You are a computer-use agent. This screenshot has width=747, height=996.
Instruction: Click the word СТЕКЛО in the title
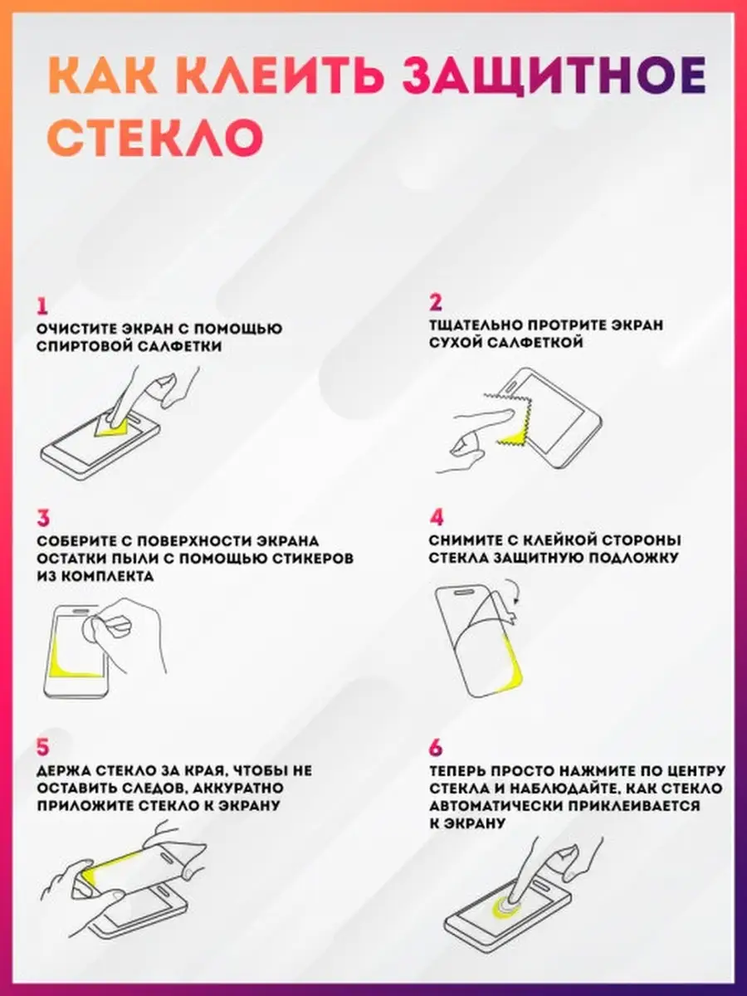[x=155, y=137]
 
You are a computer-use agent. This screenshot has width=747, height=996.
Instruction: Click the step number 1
[x=42, y=306]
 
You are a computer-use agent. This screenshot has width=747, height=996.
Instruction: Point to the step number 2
[x=436, y=303]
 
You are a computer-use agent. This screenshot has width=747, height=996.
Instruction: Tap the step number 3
[x=43, y=518]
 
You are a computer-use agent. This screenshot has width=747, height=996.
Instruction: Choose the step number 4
[x=437, y=518]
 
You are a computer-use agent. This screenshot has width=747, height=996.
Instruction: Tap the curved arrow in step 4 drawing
[x=514, y=590]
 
